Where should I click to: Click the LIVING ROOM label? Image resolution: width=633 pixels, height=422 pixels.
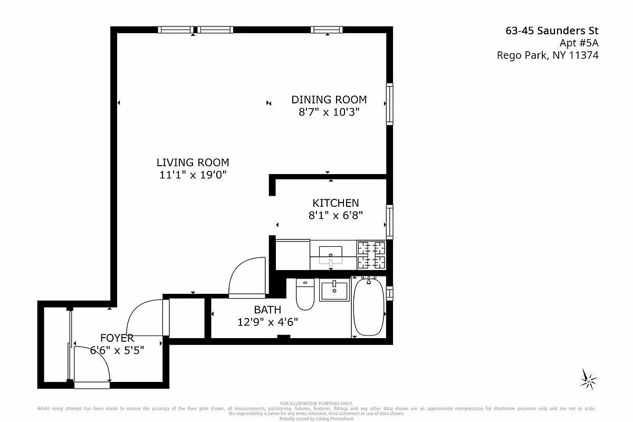coord(193,162)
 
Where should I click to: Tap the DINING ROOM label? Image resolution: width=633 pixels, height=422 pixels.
coord(329,99)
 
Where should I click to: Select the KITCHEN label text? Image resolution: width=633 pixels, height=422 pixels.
coord(335,203)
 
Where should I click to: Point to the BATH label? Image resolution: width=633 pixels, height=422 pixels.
coord(267,310)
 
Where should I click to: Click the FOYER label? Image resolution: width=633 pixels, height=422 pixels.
coord(117,338)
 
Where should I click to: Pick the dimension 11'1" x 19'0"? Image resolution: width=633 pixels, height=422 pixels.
coord(193,175)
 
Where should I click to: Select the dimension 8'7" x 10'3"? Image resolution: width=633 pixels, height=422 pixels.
coord(329,112)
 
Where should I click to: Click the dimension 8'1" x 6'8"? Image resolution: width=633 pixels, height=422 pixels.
coord(335,215)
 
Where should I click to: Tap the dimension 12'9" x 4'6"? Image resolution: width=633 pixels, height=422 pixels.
coord(267,322)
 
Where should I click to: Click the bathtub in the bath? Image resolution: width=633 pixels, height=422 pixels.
coord(369,306)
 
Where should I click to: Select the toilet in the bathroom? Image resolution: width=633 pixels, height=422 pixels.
coord(305,294)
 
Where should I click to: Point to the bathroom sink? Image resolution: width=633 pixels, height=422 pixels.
coord(334,291)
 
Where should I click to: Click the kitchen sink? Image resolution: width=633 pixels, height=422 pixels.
coord(331,255)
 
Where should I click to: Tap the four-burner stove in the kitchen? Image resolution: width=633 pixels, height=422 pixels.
coord(371,255)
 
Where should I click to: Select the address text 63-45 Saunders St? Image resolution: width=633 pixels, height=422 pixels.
coord(552,31)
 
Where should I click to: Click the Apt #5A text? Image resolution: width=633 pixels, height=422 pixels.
coord(579,43)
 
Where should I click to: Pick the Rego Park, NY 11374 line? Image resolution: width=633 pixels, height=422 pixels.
coord(548,55)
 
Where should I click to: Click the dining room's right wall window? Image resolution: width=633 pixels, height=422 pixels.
coord(390,104)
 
